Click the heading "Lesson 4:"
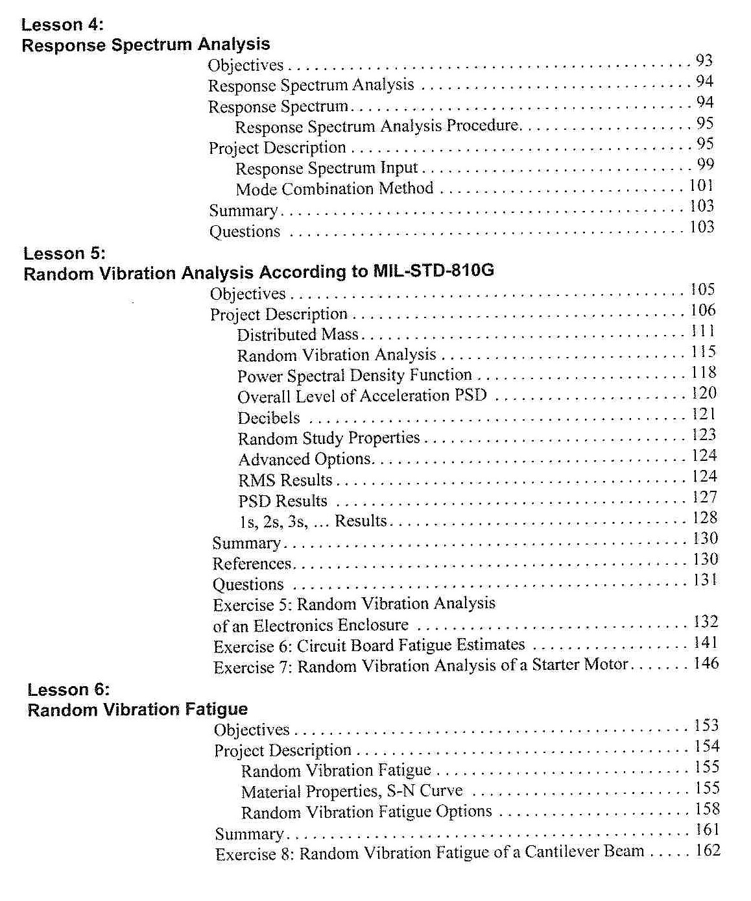click(x=62, y=25)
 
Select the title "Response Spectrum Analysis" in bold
click(x=146, y=45)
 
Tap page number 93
click(x=704, y=61)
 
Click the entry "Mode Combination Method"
click(x=334, y=189)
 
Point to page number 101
click(x=701, y=186)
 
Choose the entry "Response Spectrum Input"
click(x=326, y=168)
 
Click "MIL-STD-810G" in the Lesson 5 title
click(x=433, y=270)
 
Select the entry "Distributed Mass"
click(x=298, y=335)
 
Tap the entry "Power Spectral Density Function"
click(x=354, y=376)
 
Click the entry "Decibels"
click(x=268, y=418)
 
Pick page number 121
click(x=704, y=414)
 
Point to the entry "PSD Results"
click(x=283, y=501)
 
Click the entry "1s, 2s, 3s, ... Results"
click(x=313, y=521)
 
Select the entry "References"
click(x=252, y=563)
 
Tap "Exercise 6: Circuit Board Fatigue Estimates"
click(x=369, y=646)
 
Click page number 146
click(x=706, y=663)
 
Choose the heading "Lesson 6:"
click(x=68, y=689)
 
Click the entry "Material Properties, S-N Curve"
click(x=352, y=791)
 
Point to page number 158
click(x=707, y=809)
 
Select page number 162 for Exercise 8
click(x=708, y=850)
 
